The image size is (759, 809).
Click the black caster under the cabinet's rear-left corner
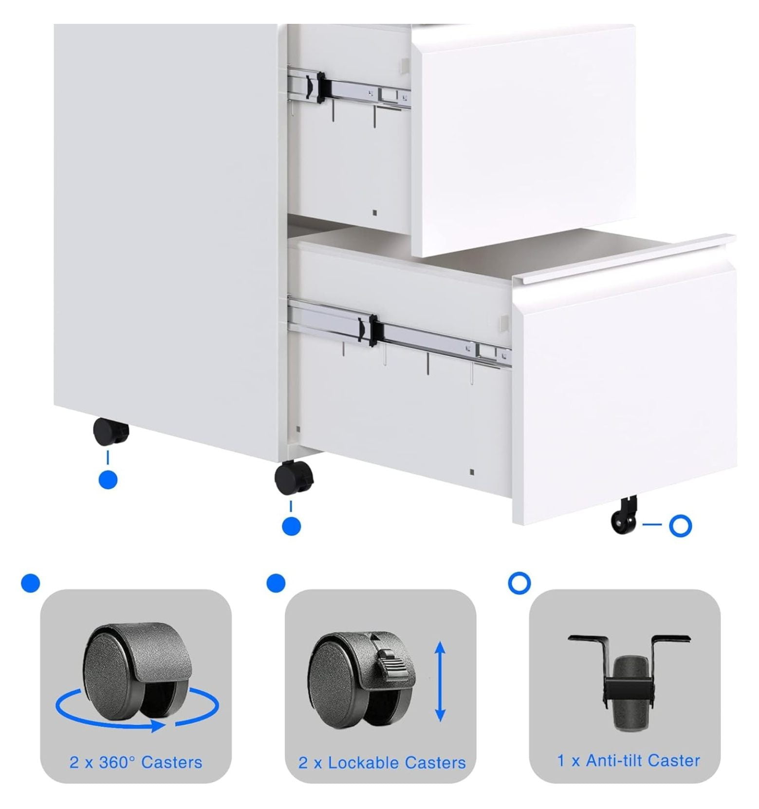pos(111,432)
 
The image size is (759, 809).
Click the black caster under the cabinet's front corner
pos(294,477)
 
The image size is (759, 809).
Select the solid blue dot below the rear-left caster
pos(108,480)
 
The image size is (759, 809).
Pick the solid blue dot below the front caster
pos(291,526)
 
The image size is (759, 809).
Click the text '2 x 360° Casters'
pos(136,762)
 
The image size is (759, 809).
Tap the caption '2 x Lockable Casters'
pos(382,762)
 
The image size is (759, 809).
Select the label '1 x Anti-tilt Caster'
pos(629,760)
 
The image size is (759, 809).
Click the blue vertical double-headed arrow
pos(440,681)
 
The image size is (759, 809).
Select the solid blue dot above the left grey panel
pos(31,583)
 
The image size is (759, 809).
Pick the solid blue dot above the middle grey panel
pos(276,583)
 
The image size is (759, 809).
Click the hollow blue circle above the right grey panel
pos(519,583)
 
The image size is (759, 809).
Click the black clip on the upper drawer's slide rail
pos(321,88)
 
